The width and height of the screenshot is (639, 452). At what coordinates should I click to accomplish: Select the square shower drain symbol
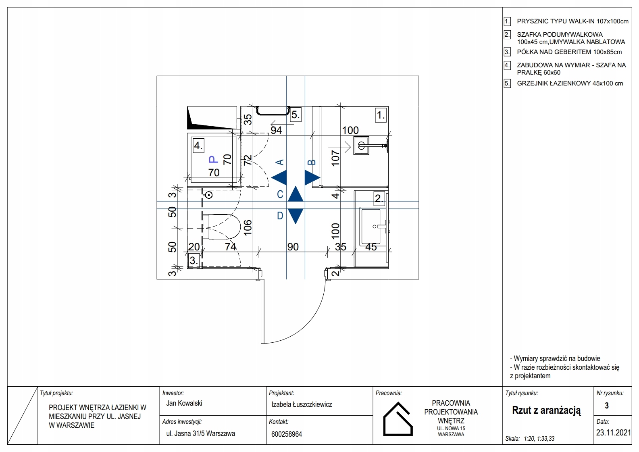tap(361, 146)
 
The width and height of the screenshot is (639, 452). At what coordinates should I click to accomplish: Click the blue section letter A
tap(280, 162)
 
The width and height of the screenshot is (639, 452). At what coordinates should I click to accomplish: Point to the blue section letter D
tap(280, 216)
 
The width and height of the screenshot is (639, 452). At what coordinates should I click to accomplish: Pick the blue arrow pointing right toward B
tap(312, 178)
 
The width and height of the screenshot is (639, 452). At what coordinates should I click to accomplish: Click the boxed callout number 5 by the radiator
tap(295, 115)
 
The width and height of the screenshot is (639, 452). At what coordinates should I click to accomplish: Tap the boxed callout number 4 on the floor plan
tap(198, 146)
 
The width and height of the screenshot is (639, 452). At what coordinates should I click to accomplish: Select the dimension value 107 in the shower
tap(335, 158)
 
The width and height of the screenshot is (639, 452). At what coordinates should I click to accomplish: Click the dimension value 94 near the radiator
tap(276, 131)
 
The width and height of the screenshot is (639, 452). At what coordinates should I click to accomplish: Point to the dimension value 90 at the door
tap(293, 247)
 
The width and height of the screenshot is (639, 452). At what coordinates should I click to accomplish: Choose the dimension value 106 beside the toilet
tap(248, 227)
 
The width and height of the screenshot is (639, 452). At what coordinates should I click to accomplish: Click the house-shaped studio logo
tap(398, 419)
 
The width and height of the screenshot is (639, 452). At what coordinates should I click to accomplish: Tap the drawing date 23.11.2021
tap(613, 433)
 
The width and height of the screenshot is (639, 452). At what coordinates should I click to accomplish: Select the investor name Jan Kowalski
tap(184, 403)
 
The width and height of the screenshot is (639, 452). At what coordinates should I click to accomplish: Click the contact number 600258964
tap(287, 434)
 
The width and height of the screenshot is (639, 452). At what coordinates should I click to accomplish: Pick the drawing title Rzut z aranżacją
tap(546, 410)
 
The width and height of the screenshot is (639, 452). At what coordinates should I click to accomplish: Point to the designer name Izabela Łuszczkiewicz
tap(302, 404)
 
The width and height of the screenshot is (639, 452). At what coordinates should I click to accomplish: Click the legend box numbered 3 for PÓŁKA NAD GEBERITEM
tap(507, 52)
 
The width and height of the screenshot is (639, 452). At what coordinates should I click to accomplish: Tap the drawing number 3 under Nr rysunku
tap(607, 406)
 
